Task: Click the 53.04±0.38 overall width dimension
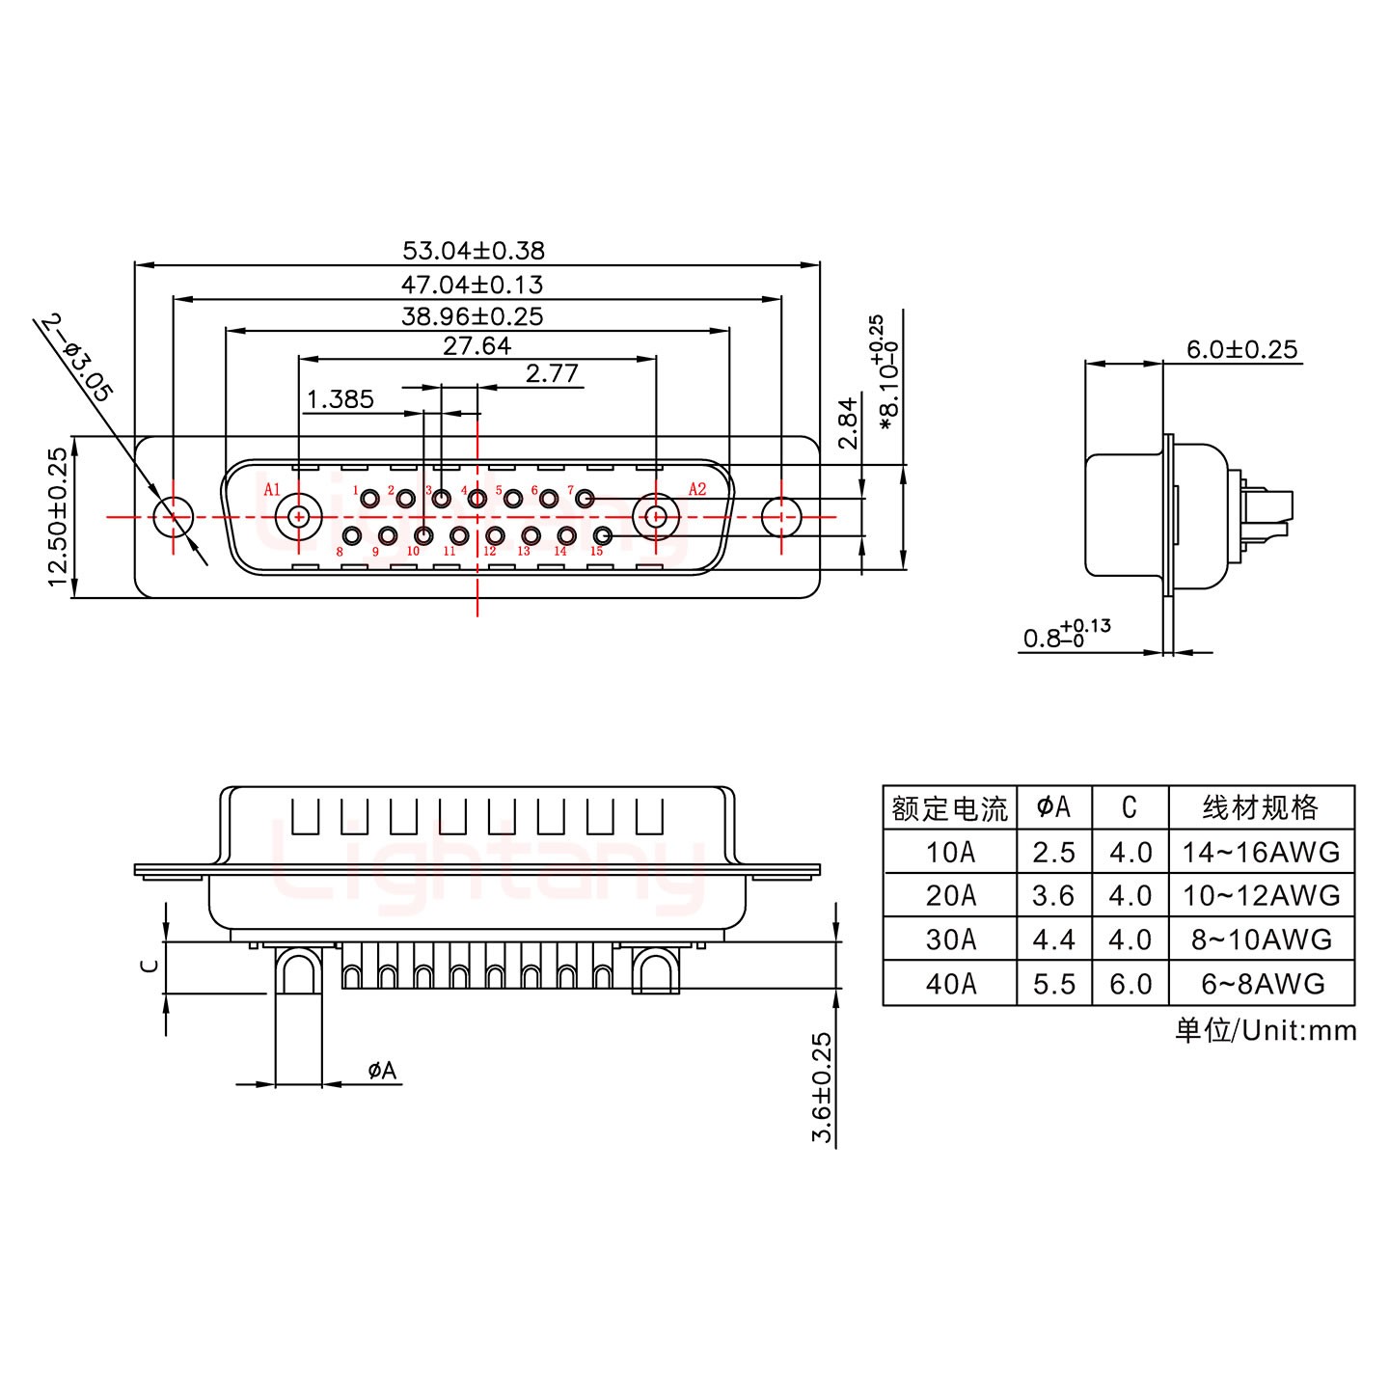coord(474,251)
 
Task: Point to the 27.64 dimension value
coord(477,345)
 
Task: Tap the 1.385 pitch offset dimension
coord(340,399)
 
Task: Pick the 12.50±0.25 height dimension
coord(58,516)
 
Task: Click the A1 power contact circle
coord(299,516)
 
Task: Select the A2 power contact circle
coord(656,516)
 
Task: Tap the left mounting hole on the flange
coord(174,516)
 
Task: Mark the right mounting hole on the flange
coord(781,516)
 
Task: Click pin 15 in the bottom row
coord(603,536)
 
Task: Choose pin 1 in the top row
coord(369,499)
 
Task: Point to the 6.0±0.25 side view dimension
coord(1241,349)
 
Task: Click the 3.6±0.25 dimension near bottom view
coord(822,1087)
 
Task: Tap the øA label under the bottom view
coord(382,1070)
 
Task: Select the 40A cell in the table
coord(950,984)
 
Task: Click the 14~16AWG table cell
coord(1261,852)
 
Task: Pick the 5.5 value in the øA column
coord(1053,984)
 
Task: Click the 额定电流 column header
coord(949,807)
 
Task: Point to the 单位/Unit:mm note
coord(1265,1030)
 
